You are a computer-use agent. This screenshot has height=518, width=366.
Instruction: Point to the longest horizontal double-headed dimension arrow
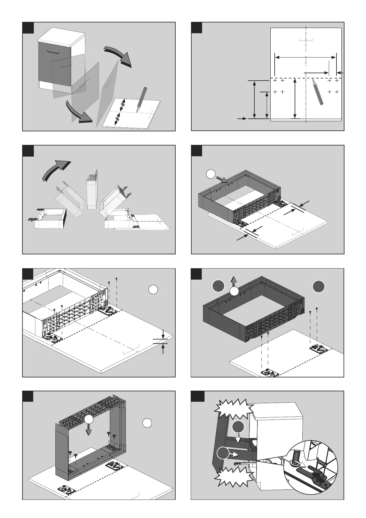305,57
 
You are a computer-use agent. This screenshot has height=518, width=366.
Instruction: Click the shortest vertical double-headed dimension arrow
267,105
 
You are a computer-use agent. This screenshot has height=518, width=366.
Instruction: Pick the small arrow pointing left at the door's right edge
340,73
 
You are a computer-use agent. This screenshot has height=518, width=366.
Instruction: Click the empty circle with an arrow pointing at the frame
211,174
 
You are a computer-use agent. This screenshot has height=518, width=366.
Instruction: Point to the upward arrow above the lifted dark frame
234,281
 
